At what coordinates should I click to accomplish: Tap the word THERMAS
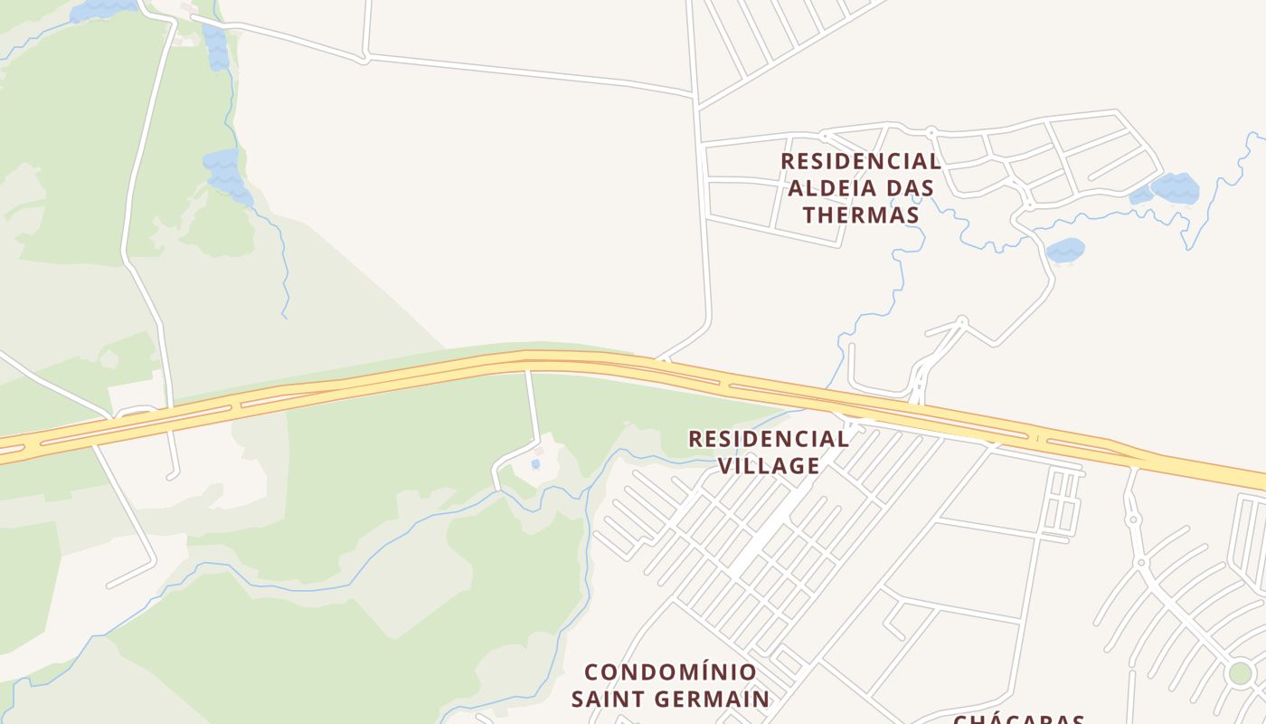861,214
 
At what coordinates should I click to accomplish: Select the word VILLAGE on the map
769,465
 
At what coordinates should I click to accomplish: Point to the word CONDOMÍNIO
670,672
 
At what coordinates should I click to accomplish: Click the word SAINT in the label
609,699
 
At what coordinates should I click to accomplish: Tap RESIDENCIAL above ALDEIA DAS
861,161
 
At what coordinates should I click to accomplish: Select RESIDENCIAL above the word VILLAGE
769,439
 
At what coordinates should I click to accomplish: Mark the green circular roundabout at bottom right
1240,673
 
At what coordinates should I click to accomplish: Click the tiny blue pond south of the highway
535,464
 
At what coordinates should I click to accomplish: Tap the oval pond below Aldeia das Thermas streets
1065,249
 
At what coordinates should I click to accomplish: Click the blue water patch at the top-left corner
103,10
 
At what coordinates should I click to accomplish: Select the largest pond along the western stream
223,172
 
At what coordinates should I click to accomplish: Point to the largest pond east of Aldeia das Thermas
1176,187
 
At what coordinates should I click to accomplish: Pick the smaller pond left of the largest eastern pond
1141,195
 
